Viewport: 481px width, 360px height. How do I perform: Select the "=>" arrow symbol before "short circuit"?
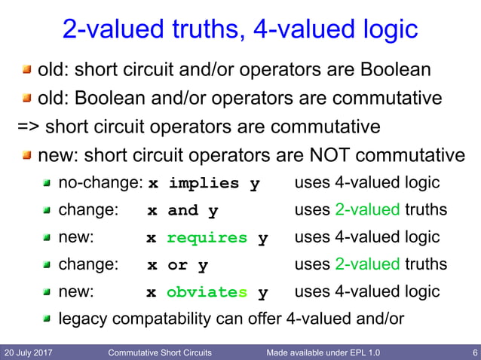tap(27, 126)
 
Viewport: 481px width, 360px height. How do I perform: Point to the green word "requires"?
tap(207, 238)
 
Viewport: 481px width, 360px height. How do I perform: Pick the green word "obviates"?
tap(207, 291)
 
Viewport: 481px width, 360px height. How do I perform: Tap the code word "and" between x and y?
tap(182, 211)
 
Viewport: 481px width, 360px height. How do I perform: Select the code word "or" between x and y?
tap(178, 265)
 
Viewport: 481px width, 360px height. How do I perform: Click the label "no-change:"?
tap(100, 183)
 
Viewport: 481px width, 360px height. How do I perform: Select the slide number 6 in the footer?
tap(472, 352)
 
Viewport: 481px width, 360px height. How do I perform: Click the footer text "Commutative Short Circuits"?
tap(160, 352)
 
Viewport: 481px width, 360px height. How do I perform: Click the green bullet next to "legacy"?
tap(47, 319)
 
